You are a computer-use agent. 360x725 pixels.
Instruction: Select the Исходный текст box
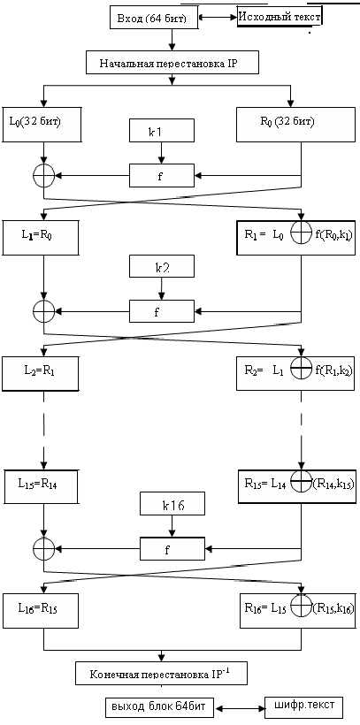click(x=279, y=16)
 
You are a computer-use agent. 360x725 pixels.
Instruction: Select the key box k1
click(x=160, y=133)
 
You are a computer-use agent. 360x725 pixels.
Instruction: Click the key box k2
click(x=160, y=265)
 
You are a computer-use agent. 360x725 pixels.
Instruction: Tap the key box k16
click(x=172, y=505)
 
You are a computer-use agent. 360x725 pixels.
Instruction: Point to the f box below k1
click(x=160, y=175)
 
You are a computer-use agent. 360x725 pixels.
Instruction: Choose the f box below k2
click(x=160, y=310)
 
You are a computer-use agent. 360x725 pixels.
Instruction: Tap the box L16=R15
click(x=42, y=609)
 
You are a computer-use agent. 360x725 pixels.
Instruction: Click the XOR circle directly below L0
click(x=42, y=175)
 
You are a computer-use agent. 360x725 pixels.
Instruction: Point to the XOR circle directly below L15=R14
click(x=42, y=547)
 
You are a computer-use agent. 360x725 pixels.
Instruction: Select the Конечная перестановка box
click(x=160, y=674)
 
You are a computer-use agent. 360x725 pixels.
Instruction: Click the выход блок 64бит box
click(x=157, y=708)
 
